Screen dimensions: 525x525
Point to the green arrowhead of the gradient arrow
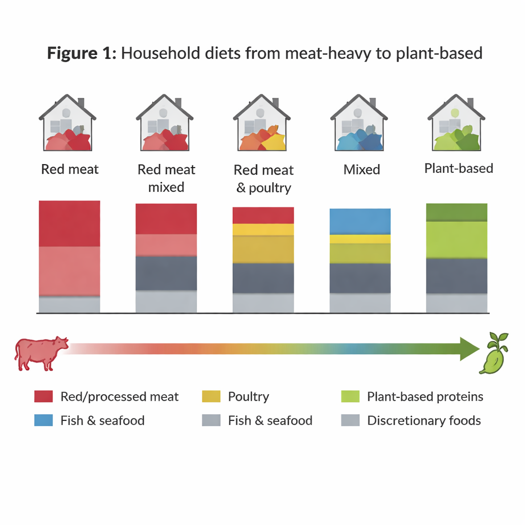click(x=469, y=349)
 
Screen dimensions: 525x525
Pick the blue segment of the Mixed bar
click(x=360, y=221)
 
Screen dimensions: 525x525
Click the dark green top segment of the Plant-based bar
click(x=456, y=212)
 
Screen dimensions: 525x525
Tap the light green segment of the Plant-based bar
click(x=456, y=239)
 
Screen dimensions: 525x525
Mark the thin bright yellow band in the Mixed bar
click(x=360, y=239)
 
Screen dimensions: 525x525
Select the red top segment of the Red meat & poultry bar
click(x=263, y=215)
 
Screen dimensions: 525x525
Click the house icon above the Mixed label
click(x=359, y=124)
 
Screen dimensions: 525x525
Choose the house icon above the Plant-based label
click(x=456, y=124)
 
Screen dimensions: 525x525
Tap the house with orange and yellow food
click(x=262, y=124)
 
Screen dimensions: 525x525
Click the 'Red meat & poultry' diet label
click(x=264, y=179)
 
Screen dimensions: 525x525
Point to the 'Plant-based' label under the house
click(x=458, y=168)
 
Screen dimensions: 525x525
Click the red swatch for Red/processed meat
click(x=44, y=396)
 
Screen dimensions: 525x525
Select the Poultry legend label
click(x=248, y=396)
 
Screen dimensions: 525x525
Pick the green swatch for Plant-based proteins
click(x=350, y=396)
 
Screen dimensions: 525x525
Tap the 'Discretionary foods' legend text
click(x=424, y=421)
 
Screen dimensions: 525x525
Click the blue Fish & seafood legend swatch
click(x=44, y=421)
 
